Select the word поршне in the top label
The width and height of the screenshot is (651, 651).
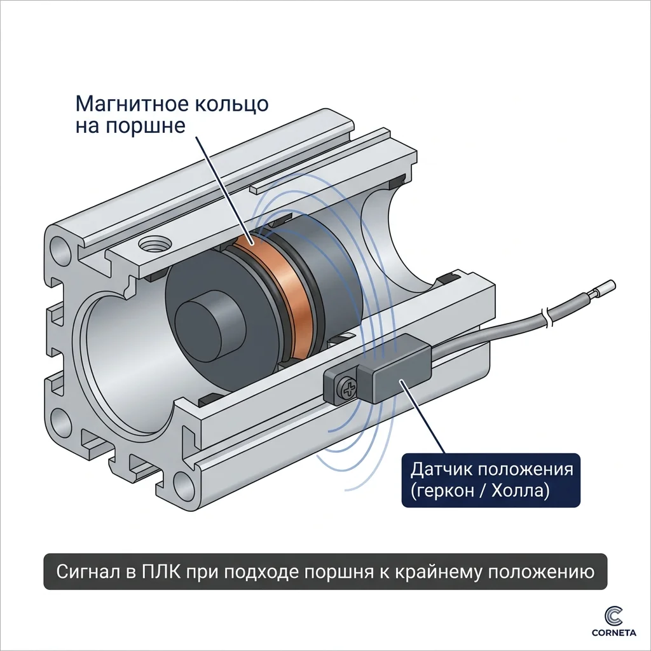tap(145, 125)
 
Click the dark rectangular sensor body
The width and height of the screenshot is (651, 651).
tap(394, 369)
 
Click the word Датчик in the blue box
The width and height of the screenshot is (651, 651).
tap(442, 470)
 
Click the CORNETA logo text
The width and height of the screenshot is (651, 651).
tap(614, 633)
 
